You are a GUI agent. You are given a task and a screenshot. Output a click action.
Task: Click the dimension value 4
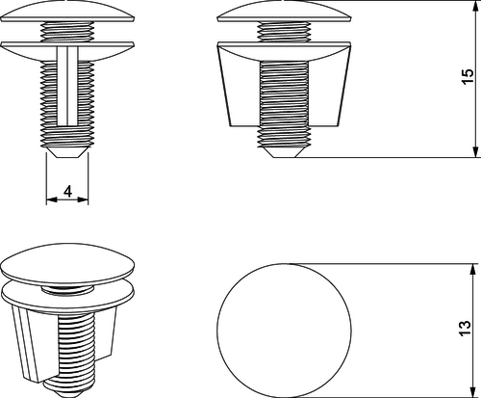click(67, 191)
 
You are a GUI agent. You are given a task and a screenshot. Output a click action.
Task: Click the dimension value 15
click(468, 76)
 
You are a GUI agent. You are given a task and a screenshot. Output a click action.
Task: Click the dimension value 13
click(466, 328)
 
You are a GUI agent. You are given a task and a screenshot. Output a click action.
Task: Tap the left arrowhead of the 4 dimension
click(52, 199)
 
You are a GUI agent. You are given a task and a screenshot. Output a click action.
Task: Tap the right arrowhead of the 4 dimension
click(83, 199)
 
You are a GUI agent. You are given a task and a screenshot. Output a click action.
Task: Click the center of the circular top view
click(284, 331)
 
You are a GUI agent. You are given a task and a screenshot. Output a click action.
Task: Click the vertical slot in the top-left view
click(67, 86)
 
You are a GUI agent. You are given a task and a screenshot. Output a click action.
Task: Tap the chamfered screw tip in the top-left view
click(67, 152)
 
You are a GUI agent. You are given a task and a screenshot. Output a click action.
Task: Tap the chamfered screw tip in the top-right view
click(284, 152)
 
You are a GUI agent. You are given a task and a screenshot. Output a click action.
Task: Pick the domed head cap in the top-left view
click(67, 13)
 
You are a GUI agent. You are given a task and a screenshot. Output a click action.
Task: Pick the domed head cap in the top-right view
click(284, 13)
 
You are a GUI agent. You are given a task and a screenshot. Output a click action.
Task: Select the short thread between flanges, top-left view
click(67, 32)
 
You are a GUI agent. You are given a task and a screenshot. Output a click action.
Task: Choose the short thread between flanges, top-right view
click(284, 32)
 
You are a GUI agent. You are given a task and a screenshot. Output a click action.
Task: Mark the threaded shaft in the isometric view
click(76, 354)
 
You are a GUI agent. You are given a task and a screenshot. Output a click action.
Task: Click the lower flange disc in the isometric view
click(67, 297)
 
